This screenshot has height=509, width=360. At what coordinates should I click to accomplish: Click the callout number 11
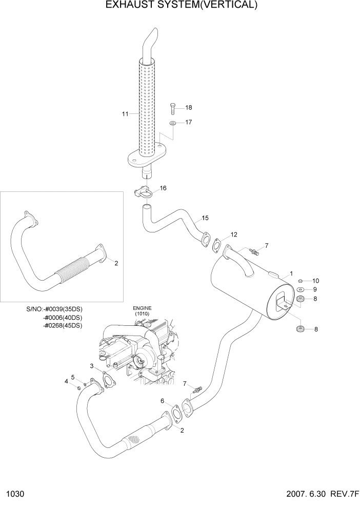click(x=125, y=114)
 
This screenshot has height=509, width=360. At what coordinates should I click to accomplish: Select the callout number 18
click(x=188, y=107)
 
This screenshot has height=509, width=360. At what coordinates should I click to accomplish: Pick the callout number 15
click(x=205, y=218)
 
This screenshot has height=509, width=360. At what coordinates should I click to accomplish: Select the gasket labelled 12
click(x=217, y=245)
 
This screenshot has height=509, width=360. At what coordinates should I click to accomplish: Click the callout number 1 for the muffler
click(x=291, y=273)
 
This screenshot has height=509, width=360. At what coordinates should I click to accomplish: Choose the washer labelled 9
click(x=301, y=290)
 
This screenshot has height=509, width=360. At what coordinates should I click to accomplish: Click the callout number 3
click(x=92, y=366)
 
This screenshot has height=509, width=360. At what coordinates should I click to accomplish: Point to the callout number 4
click(x=66, y=381)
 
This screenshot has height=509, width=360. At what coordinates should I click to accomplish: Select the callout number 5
click(x=73, y=377)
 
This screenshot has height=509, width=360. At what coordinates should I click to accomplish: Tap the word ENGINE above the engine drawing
click(x=139, y=308)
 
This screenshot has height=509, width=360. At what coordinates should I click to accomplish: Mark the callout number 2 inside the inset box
click(x=116, y=263)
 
